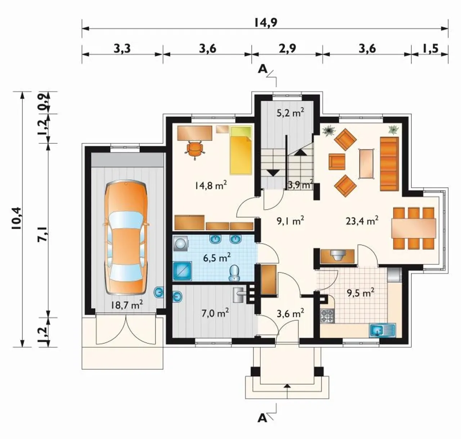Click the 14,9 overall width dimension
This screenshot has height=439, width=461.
[265, 23]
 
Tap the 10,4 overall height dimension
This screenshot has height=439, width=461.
[18, 219]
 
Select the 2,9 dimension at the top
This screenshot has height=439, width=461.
[287, 49]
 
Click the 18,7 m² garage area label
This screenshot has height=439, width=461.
[127, 305]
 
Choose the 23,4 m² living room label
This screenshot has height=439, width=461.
[362, 221]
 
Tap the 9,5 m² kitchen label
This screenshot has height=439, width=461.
[361, 293]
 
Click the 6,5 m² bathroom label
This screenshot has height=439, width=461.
[217, 258]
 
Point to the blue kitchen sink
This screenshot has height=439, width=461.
[382, 330]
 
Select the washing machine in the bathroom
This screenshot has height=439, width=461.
[180, 244]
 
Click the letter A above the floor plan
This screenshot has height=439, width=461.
[263, 70]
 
